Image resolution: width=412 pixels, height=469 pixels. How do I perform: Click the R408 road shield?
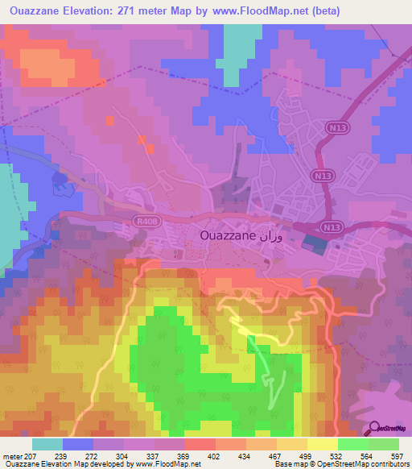pos(143,218)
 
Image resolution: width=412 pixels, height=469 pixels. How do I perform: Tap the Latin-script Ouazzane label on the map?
pos(227,236)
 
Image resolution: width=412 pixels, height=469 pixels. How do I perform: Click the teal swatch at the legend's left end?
pos(47,444)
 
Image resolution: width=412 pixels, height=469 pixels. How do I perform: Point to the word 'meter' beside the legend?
pos(13,457)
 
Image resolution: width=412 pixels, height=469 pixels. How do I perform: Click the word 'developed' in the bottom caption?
pos(100,465)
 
